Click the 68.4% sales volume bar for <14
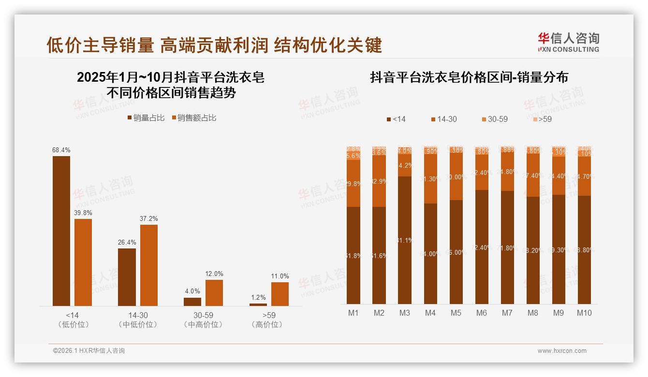(61, 231)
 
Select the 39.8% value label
(83, 213)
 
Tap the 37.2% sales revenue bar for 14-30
(149, 265)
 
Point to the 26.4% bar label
(127, 242)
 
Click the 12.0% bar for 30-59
(214, 292)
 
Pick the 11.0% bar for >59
(280, 294)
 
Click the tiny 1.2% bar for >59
(258, 304)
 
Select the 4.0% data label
(192, 291)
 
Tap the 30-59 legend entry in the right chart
(494, 119)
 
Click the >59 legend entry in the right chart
(542, 119)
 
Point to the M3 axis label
(405, 313)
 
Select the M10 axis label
(584, 313)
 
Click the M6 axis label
(482, 313)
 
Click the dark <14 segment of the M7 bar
(507, 247)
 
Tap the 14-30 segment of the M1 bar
(353, 183)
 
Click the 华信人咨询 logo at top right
(568, 43)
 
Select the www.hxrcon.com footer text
(562, 351)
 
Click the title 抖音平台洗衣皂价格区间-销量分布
(469, 77)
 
